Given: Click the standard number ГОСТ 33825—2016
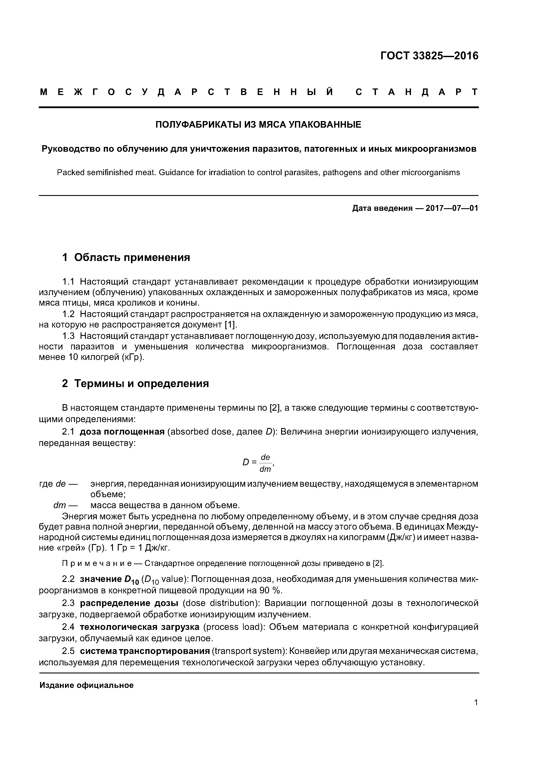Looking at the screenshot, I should coord(429,56).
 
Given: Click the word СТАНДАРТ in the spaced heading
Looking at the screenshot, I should coord(416,92).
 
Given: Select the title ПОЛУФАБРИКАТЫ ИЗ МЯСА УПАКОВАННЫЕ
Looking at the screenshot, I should coord(258,125).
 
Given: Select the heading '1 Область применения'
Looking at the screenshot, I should coord(126,257).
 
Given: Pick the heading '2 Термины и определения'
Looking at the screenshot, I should coord(136,383).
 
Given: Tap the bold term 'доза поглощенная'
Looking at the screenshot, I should coord(122,432).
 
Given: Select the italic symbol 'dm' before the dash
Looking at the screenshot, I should coord(60,505).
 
